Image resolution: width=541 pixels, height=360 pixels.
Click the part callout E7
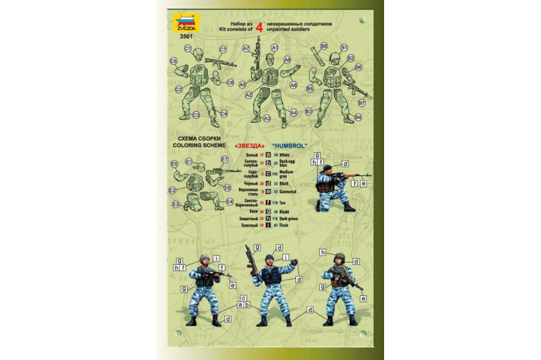[226, 161]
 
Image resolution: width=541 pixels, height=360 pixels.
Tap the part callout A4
[294, 112]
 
